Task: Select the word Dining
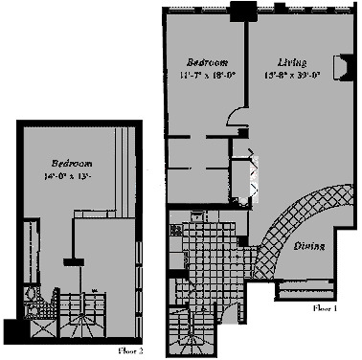pyautogui.click(x=307, y=246)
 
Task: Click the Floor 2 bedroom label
pyautogui.click(x=70, y=163)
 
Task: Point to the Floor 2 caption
pyautogui.click(x=131, y=350)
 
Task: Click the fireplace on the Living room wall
pyautogui.click(x=338, y=66)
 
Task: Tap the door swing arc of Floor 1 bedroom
pyautogui.click(x=236, y=116)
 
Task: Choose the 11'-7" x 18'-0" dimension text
pyautogui.click(x=203, y=73)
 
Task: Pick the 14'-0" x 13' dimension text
pyautogui.click(x=70, y=175)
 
